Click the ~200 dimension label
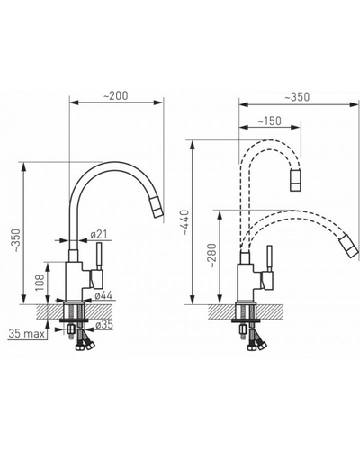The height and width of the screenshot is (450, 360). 116,95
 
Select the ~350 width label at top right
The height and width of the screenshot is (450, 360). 297,96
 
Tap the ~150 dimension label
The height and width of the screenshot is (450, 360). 269,121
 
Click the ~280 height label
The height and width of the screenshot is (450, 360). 211,256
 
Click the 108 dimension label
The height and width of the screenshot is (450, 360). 40,282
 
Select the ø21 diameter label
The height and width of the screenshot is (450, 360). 98,234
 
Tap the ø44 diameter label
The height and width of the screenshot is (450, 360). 103,295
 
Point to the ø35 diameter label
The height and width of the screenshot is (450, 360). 104,325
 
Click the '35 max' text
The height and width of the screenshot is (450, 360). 26,333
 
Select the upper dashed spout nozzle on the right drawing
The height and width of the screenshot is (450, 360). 295,180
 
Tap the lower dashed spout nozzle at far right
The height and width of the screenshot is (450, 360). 349,247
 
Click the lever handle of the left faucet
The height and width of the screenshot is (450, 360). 99,256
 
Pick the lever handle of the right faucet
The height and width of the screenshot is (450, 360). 269,259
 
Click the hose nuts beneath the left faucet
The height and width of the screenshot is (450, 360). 85,346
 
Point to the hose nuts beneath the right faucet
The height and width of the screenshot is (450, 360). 256,346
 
